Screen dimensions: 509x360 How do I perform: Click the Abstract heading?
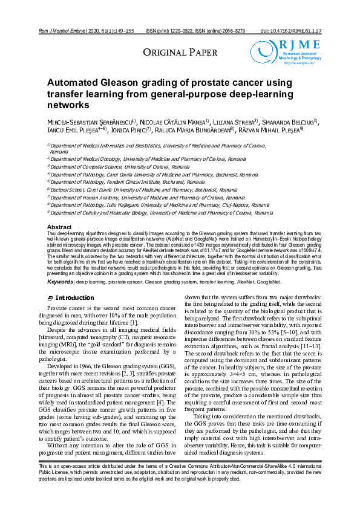tap(59, 227)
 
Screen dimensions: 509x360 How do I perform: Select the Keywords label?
tap(61, 282)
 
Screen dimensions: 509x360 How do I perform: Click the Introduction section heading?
tap(74, 298)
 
